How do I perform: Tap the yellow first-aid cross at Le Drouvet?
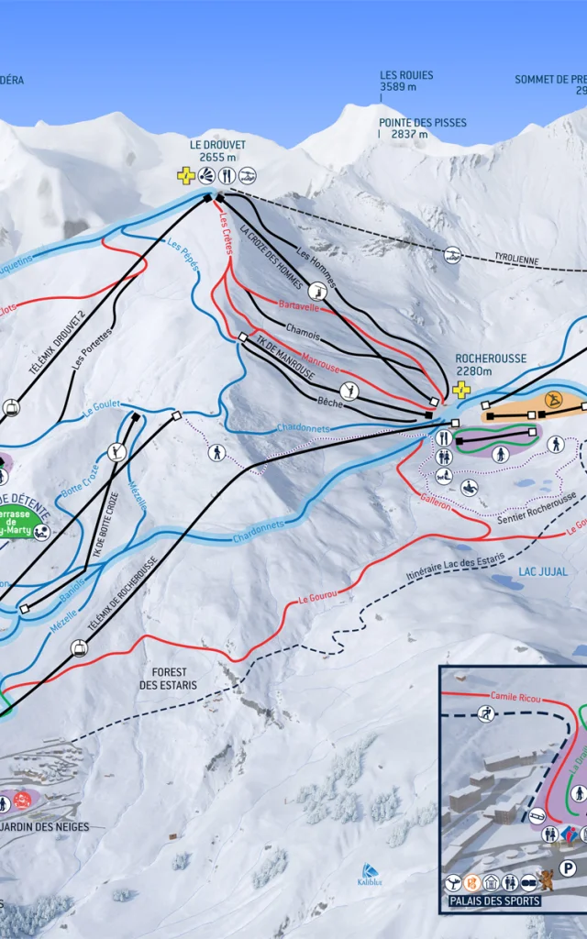coord(186,175)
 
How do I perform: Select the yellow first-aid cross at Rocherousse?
coord(461,389)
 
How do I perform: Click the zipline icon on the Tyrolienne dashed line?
coord(451,255)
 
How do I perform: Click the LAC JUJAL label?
coord(542,571)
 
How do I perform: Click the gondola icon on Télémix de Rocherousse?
coord(79,648)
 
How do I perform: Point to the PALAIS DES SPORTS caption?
coord(494,901)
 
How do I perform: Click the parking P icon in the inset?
coord(569,867)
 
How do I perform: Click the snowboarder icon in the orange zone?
coord(553,400)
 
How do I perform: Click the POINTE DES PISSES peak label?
coord(423,123)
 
